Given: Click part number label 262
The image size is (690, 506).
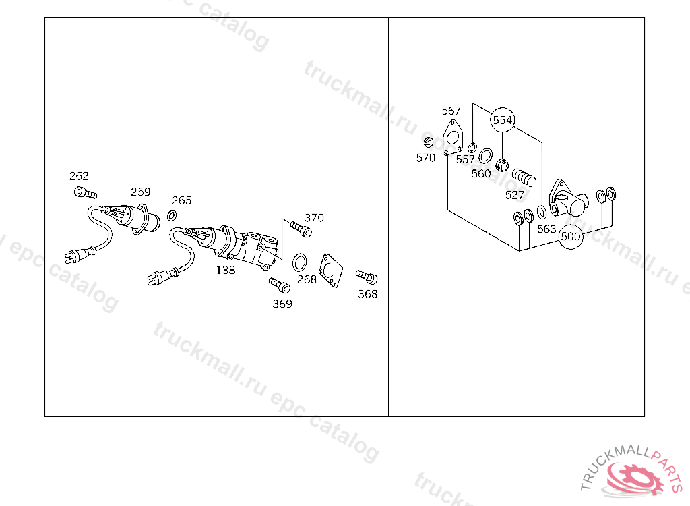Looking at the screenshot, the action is (79, 176).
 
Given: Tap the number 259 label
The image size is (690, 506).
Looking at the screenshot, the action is (141, 192).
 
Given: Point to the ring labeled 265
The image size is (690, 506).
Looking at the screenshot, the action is (172, 215).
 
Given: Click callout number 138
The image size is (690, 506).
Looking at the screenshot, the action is (225, 270).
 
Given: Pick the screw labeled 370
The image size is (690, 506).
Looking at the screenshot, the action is (302, 230).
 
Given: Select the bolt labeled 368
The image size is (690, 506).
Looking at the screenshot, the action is (367, 276).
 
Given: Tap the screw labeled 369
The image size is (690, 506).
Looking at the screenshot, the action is (278, 284).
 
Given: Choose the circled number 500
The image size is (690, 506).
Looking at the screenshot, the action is (571, 237).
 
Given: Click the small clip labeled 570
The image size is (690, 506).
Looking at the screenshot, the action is (428, 142).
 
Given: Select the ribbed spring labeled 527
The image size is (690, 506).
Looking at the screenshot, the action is (524, 178).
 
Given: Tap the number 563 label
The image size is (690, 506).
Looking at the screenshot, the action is (546, 229).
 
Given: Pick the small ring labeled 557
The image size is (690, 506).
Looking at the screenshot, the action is (472, 147).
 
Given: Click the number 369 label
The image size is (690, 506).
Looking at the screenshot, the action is (282, 304).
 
